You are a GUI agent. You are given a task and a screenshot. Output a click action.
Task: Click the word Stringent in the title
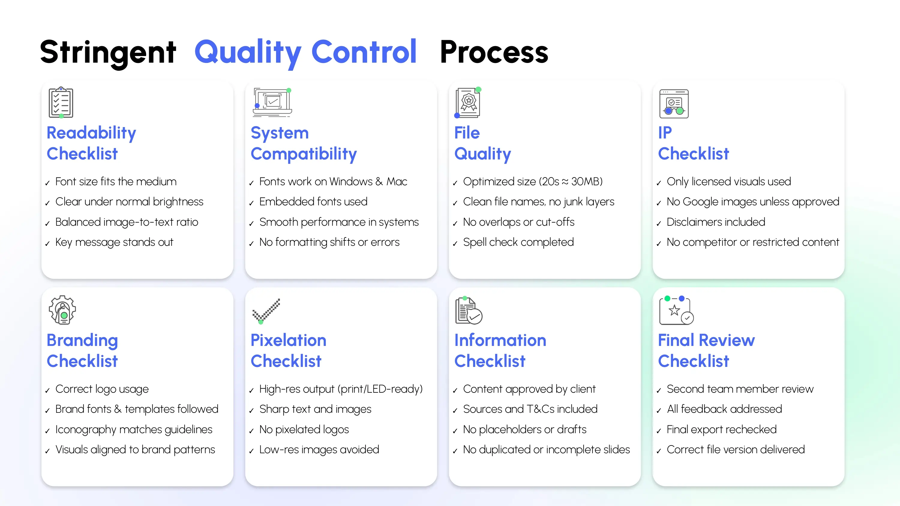tap(108, 52)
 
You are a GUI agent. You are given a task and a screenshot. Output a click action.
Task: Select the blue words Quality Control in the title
tap(305, 52)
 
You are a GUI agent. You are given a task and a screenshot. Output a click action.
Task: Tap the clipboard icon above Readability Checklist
tap(61, 103)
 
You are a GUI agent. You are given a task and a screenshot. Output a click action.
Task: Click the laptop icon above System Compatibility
tap(272, 103)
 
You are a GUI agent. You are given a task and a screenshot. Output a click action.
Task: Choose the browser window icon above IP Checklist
tap(673, 104)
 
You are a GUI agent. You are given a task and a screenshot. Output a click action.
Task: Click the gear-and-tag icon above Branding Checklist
tap(62, 310)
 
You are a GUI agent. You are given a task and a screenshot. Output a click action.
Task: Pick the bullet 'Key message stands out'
tap(114, 242)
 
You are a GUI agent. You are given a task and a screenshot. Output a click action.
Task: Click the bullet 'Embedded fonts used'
tap(313, 202)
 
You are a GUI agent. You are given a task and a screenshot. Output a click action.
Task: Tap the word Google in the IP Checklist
tap(700, 202)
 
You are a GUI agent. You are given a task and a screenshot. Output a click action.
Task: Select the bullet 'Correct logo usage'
tap(102, 389)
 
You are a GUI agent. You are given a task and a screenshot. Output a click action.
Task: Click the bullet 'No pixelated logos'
tap(304, 430)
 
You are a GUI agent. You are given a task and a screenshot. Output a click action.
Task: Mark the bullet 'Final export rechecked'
tap(721, 430)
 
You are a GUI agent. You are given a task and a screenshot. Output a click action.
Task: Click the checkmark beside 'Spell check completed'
tap(455, 244)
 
